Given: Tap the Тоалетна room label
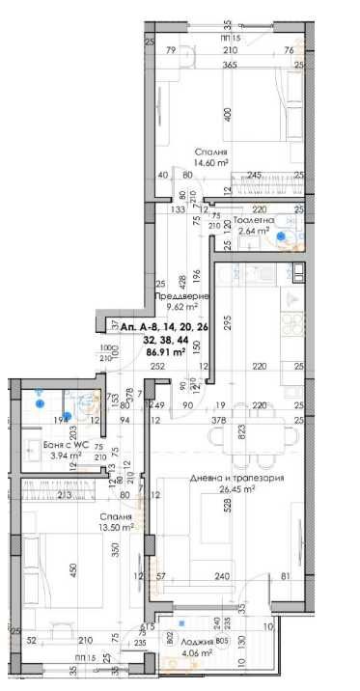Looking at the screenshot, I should (256, 219).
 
